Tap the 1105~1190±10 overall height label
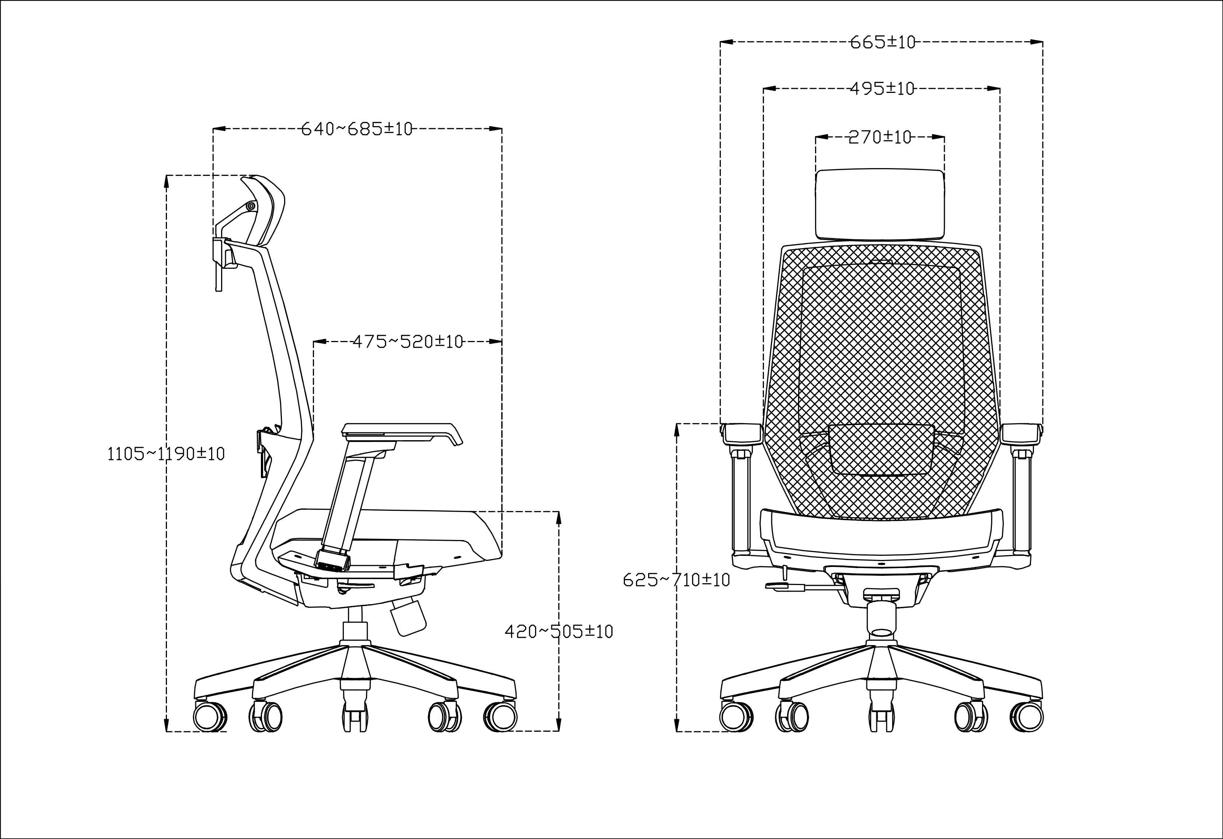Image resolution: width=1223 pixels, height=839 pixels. pos(166,454)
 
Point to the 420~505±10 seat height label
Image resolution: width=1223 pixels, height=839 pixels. pos(559,631)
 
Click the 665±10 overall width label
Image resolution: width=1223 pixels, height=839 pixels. pos(883,42)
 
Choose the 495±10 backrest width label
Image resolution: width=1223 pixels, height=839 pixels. pos(883,88)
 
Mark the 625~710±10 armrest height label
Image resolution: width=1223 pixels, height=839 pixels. pos(676,580)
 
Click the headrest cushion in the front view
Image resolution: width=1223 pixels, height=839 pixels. pos(879,204)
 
